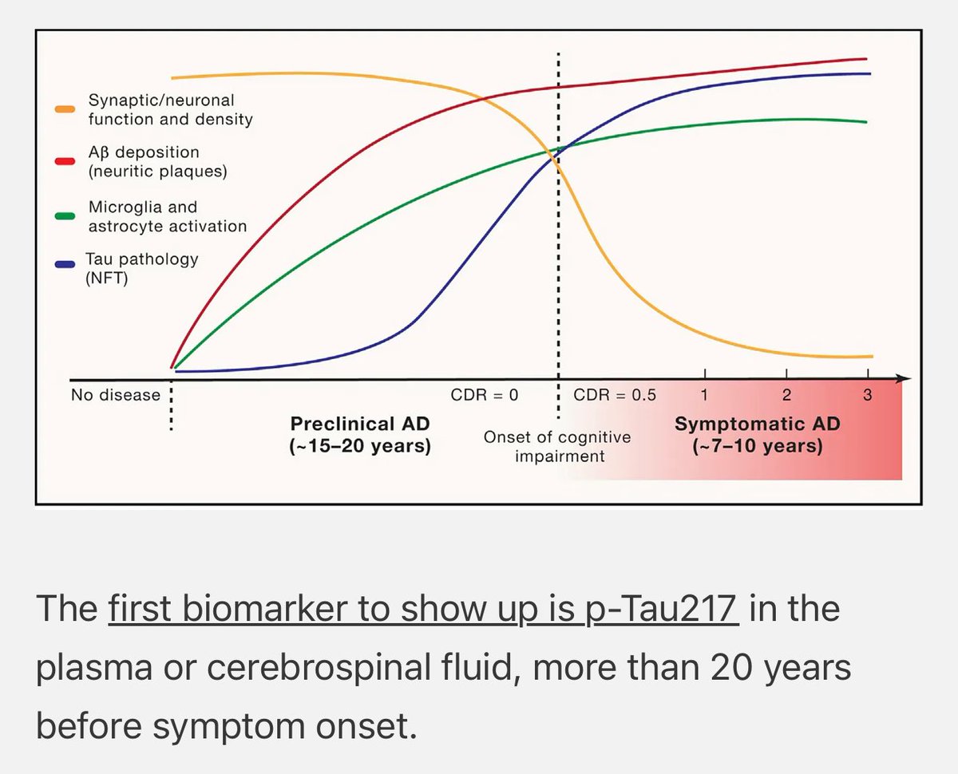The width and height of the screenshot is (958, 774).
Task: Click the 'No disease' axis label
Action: tap(115, 395)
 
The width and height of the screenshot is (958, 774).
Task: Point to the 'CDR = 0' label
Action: tap(485, 395)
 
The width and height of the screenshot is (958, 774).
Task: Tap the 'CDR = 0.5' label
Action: tap(615, 395)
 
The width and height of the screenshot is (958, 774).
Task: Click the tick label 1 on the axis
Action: tap(705, 395)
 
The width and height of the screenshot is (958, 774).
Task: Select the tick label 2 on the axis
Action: tap(786, 395)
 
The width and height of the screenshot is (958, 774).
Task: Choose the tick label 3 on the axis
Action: tap(868, 395)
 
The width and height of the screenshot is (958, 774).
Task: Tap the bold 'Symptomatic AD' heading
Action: tap(757, 424)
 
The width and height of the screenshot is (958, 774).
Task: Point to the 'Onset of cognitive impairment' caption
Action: tap(557, 446)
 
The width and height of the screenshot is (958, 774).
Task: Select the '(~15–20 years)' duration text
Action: tap(360, 446)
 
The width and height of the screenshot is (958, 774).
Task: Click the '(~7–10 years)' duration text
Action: tap(757, 446)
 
